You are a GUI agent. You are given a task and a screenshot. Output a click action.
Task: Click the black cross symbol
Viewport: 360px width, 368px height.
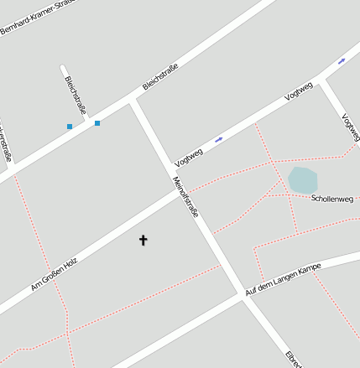[x=143, y=241]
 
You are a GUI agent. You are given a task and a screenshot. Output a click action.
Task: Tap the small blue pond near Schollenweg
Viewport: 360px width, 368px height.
[x=302, y=179]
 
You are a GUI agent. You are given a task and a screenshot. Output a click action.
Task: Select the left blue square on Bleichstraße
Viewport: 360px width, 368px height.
[x=70, y=127]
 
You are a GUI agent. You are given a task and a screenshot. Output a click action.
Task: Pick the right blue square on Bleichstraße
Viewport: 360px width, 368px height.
[x=97, y=123]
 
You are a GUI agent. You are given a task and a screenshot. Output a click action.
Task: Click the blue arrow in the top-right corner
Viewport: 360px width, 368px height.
[x=342, y=61]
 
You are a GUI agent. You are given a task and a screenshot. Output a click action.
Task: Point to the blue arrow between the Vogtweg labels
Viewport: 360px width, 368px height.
[x=218, y=139]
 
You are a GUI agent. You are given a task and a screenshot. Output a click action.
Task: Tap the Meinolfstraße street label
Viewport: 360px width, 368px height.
[x=185, y=197]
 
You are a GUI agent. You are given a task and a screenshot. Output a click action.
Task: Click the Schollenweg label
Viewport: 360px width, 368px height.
[x=332, y=199]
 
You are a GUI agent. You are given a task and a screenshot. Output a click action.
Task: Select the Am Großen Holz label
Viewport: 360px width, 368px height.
[x=54, y=275]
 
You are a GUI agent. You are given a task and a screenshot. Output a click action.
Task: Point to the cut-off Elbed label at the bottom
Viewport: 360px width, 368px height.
[x=293, y=358]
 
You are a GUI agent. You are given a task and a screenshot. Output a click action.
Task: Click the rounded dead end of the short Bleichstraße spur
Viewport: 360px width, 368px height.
[x=64, y=66]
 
